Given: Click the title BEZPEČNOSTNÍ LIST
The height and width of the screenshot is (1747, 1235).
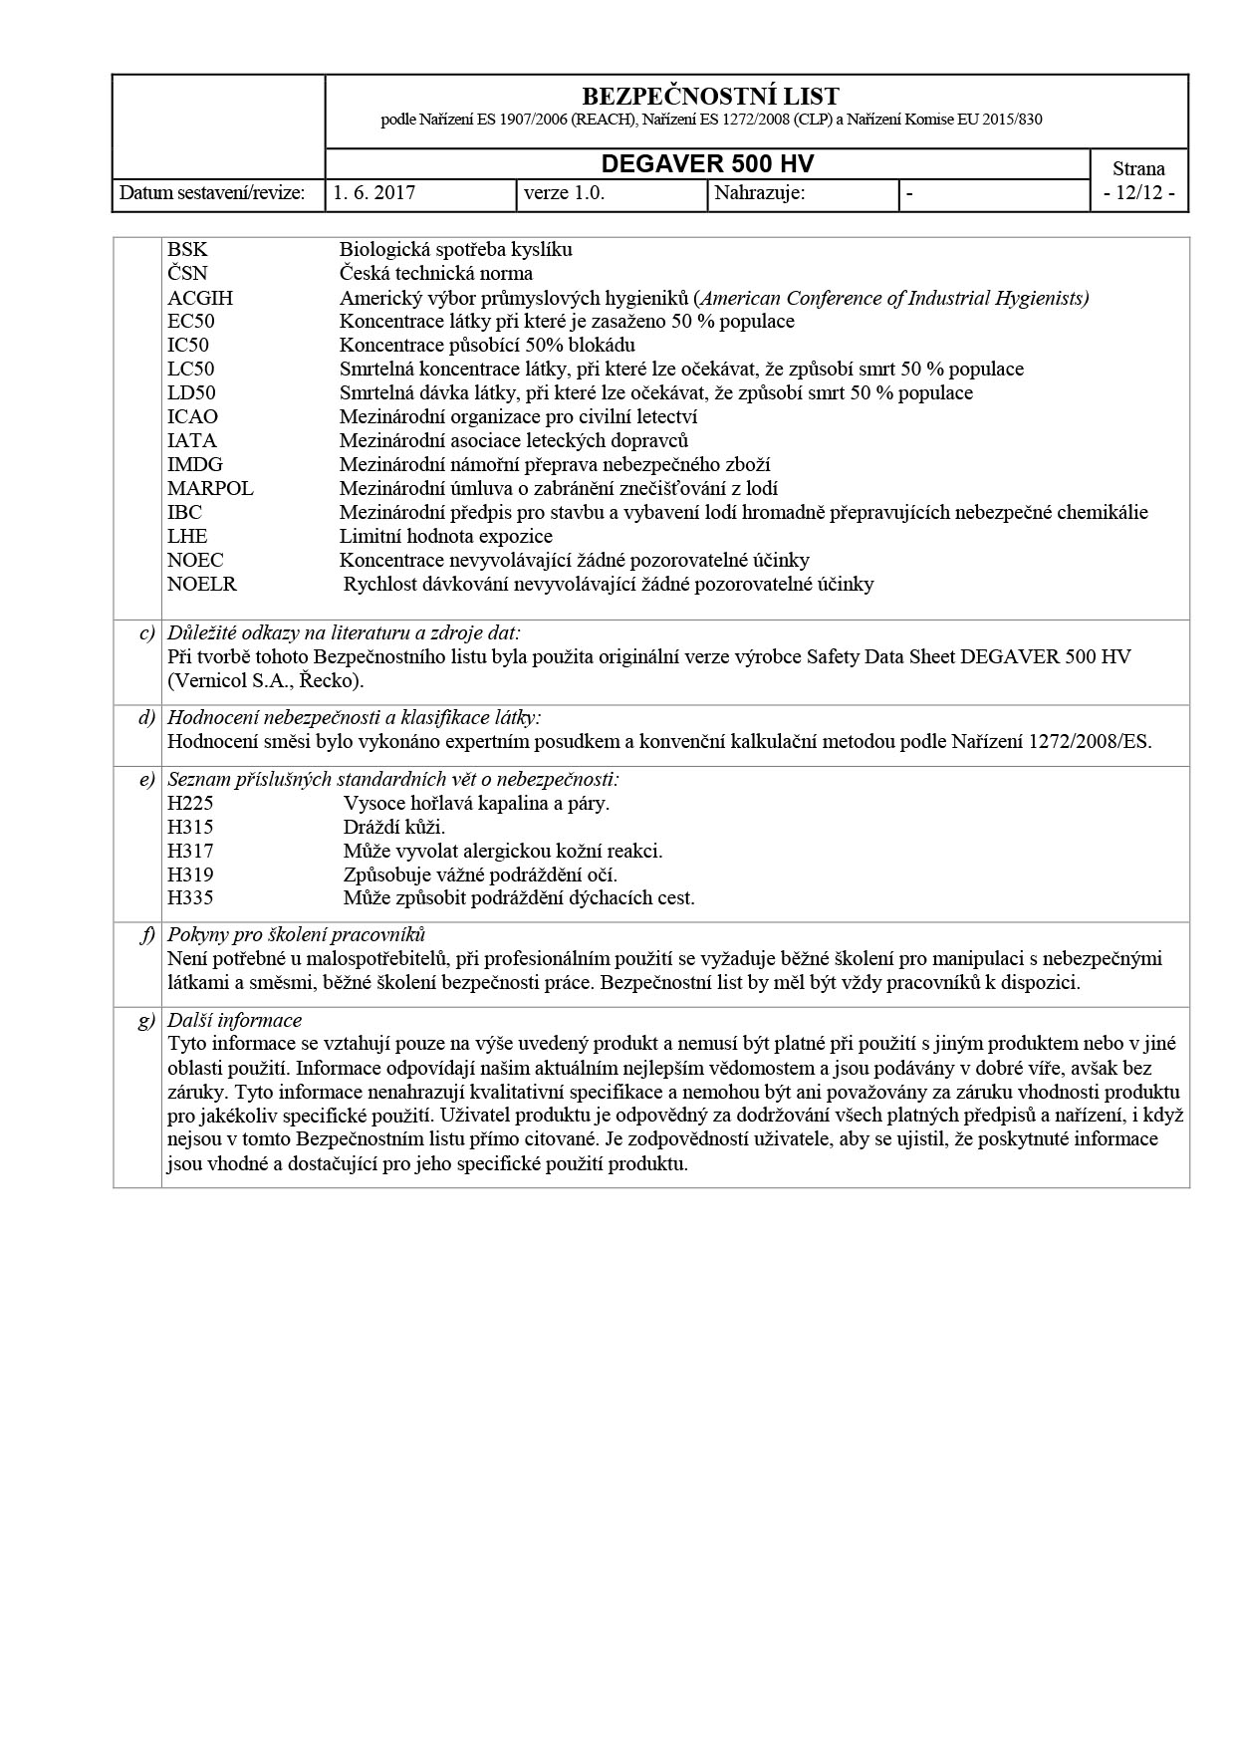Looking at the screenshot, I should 709,97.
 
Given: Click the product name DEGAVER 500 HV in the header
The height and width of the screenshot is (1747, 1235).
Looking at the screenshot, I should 707,165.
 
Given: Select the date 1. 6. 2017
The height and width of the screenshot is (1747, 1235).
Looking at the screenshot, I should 374,193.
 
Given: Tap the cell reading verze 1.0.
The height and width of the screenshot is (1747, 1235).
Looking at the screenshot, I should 565,193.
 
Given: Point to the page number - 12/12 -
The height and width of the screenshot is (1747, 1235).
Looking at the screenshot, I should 1138,193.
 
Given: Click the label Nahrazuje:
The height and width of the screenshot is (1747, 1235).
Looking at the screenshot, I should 760,193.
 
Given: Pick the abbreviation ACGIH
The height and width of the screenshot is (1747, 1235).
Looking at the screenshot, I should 200,298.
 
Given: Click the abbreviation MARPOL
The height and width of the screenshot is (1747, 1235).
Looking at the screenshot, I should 210,489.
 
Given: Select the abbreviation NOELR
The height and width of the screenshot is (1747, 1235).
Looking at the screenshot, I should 202,585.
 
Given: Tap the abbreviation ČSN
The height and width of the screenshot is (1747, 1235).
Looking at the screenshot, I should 187,274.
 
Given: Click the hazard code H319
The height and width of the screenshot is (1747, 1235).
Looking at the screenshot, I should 190,875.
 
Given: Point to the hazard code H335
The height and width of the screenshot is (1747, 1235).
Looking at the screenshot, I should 190,898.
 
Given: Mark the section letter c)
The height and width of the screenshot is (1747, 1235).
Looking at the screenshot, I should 147,633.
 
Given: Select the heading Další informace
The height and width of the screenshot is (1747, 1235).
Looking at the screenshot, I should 234,1021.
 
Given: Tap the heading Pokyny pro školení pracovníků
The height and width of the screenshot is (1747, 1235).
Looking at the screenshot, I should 296,934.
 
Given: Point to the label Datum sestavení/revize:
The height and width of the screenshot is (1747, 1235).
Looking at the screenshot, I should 212,193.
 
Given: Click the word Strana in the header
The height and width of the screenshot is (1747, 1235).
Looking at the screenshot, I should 1138,168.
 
